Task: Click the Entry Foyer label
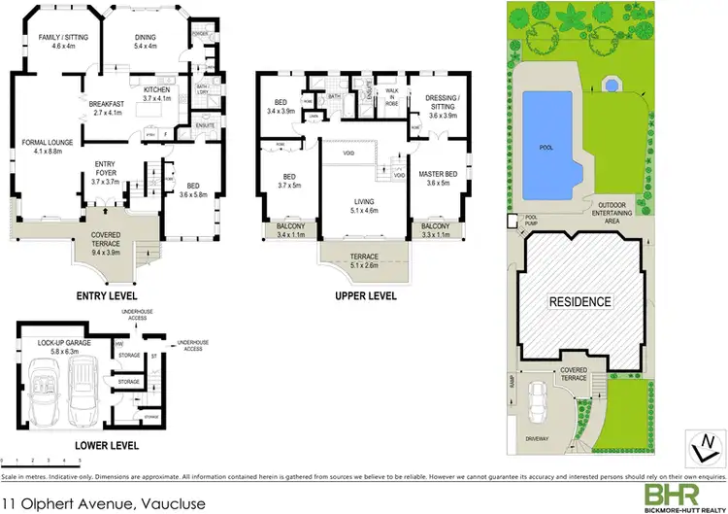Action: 104,170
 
